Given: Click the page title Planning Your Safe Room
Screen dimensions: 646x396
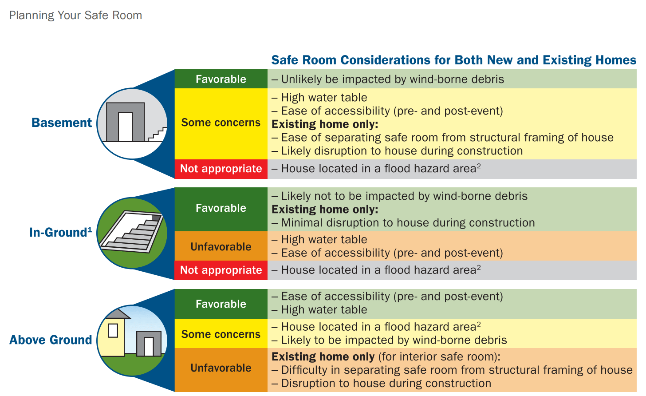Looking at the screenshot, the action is pyautogui.click(x=75, y=16).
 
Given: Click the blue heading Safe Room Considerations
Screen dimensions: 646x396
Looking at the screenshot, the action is pyautogui.click(x=454, y=60).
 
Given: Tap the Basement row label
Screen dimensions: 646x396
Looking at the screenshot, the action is pyautogui.click(x=62, y=123).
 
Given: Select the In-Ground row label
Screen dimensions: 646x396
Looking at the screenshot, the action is pyautogui.click(x=60, y=232).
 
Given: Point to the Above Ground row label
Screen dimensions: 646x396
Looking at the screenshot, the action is pyautogui.click(x=51, y=340).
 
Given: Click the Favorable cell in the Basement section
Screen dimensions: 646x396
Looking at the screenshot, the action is pyautogui.click(x=221, y=79).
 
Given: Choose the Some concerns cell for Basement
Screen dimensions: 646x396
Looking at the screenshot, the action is pyautogui.click(x=221, y=123).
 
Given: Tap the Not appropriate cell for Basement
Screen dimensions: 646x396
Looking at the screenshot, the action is pyautogui.click(x=221, y=169).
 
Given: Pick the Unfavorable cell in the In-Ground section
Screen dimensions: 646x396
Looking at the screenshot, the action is pyautogui.click(x=221, y=246).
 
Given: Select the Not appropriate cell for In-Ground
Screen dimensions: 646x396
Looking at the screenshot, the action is pyautogui.click(x=221, y=270).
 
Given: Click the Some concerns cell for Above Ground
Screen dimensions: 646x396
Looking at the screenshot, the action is pyautogui.click(x=221, y=333).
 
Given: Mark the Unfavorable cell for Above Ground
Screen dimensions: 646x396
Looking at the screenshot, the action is pyautogui.click(x=221, y=369).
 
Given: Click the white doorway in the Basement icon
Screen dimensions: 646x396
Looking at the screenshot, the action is pyautogui.click(x=126, y=127).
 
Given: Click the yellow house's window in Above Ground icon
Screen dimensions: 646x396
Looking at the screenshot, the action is pyautogui.click(x=113, y=330).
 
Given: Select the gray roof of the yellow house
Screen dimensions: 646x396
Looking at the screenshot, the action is pyautogui.click(x=117, y=314).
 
